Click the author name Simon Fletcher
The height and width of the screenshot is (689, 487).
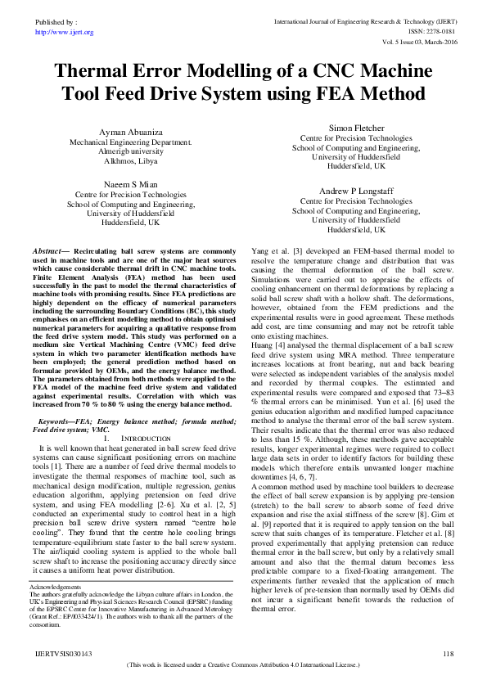tap(355, 128)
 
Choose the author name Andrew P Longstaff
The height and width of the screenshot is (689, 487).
tap(355, 191)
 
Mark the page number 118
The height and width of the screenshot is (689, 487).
tap(447, 653)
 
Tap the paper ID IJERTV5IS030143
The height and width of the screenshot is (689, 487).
tap(62, 653)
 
